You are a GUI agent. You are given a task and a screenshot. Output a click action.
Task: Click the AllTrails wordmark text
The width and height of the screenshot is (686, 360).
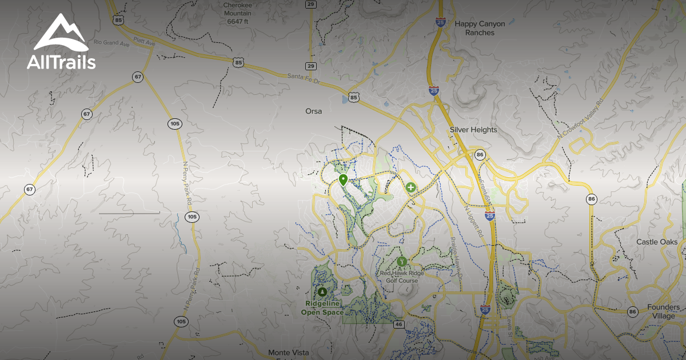point(61,62)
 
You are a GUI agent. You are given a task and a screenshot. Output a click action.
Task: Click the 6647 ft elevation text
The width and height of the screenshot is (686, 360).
point(238,22)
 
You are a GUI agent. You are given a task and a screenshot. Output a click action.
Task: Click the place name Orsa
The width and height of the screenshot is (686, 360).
point(314,111)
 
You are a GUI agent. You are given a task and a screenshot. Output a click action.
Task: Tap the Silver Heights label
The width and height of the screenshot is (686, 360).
point(473,130)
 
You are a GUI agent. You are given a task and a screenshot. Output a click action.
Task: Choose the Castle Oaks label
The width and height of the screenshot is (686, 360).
point(657,242)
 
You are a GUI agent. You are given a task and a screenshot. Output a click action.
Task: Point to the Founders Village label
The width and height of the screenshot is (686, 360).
point(663,311)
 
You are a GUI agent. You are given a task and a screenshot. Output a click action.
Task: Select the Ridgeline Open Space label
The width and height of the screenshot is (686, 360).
point(324,308)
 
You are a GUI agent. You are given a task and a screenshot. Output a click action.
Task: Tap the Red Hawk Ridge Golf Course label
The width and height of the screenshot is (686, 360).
point(402,277)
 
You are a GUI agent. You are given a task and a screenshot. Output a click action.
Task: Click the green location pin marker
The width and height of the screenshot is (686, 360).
point(343,180)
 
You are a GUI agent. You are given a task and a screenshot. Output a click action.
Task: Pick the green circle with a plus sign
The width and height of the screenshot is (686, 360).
point(410,187)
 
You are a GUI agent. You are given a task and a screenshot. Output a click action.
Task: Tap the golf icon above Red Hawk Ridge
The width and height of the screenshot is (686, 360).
point(402,261)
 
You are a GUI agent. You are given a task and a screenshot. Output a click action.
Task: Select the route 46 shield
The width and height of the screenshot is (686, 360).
point(399,324)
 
